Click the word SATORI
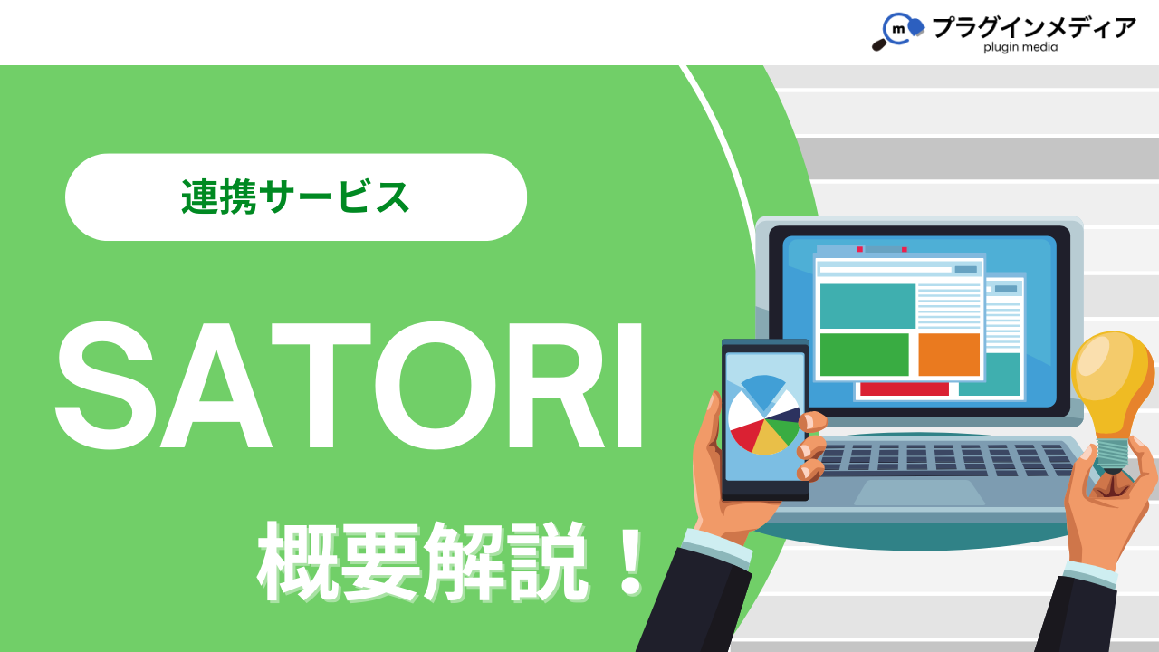click(x=350, y=386)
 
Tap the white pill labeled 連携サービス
click(x=296, y=197)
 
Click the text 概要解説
click(x=423, y=562)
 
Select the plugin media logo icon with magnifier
click(x=897, y=31)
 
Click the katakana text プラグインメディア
click(x=1034, y=27)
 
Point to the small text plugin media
click(x=1020, y=47)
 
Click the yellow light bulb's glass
click(x=1113, y=383)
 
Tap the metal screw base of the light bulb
click(x=1113, y=455)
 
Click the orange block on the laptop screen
click(x=949, y=354)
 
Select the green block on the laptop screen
click(x=864, y=354)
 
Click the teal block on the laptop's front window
click(x=867, y=306)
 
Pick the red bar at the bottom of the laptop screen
click(x=905, y=389)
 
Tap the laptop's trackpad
click(x=919, y=492)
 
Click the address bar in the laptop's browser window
click(x=886, y=270)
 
